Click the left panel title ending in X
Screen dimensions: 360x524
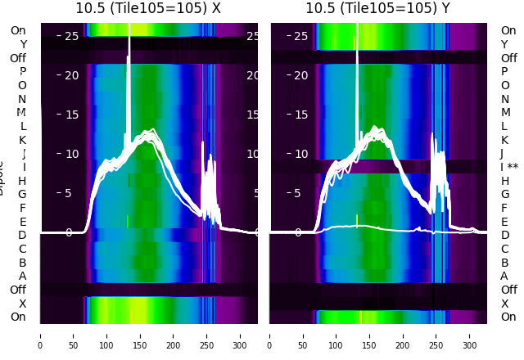(x=148, y=8)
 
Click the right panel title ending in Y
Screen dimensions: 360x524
(x=378, y=8)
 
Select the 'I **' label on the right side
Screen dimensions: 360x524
(x=513, y=167)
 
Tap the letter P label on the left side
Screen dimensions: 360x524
(x=23, y=71)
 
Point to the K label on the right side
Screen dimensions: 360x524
(x=505, y=140)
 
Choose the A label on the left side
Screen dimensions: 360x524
(x=23, y=276)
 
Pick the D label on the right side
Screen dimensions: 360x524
(x=505, y=236)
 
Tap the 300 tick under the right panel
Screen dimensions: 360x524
(x=470, y=335)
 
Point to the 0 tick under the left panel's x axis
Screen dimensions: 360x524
(x=40, y=335)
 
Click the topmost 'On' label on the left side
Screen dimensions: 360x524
(x=18, y=30)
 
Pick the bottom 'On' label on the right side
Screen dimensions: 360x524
(x=508, y=317)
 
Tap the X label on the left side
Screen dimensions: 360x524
(x=23, y=304)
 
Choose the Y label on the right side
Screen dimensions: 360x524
(x=505, y=44)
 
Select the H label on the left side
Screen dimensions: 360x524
(x=23, y=181)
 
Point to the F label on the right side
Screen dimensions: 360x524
(x=505, y=208)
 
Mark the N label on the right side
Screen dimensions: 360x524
(x=505, y=99)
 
